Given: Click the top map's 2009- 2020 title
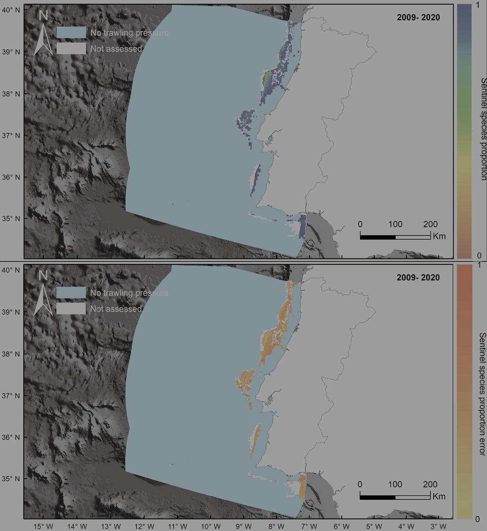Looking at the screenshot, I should [417, 17].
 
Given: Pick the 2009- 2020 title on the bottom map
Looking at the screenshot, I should [417, 278].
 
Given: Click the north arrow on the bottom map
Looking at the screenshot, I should [43, 294].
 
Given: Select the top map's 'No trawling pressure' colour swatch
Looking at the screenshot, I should [72, 32].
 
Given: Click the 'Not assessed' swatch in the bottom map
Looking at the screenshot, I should [72, 309].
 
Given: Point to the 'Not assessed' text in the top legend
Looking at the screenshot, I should [116, 49].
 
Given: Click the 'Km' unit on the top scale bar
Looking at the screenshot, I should [439, 236].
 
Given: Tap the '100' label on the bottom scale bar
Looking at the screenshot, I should [395, 484].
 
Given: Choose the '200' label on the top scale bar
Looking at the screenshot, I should [430, 224].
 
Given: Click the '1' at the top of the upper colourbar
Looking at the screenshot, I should [478, 4].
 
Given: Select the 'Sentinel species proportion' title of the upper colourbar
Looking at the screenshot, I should [483, 129].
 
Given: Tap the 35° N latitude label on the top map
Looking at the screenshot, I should [12, 218].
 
